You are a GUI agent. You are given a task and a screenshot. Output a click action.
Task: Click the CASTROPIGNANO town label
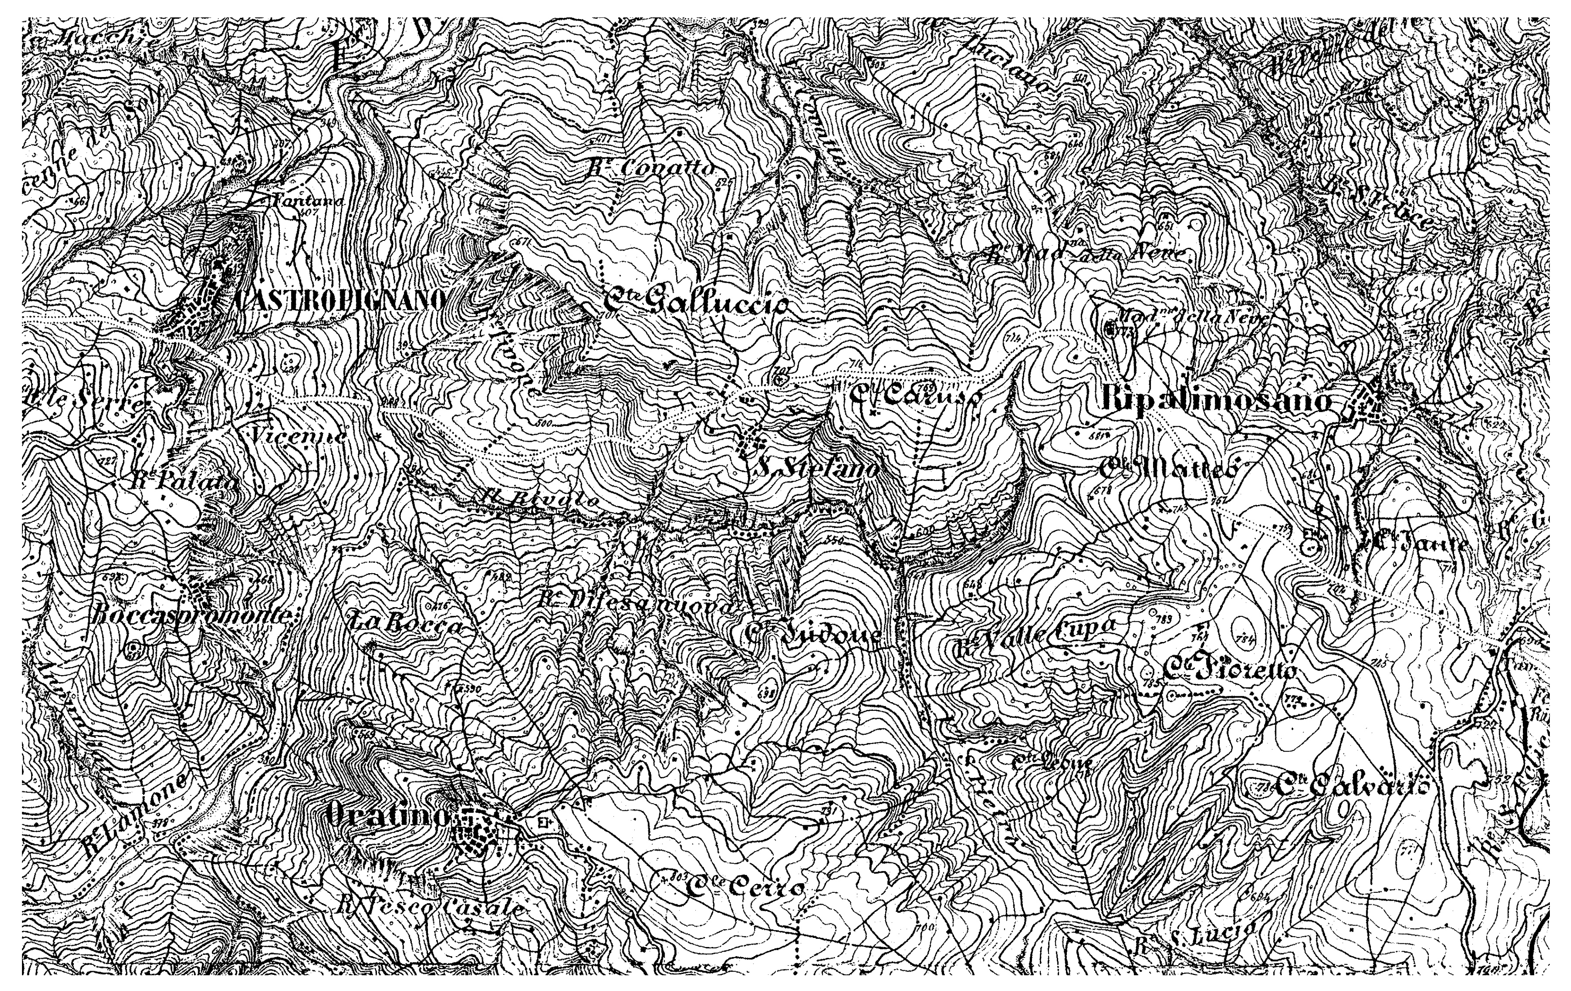[339, 300]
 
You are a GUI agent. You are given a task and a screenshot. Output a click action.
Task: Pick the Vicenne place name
[297, 435]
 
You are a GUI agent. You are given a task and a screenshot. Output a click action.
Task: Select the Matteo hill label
[1168, 468]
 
